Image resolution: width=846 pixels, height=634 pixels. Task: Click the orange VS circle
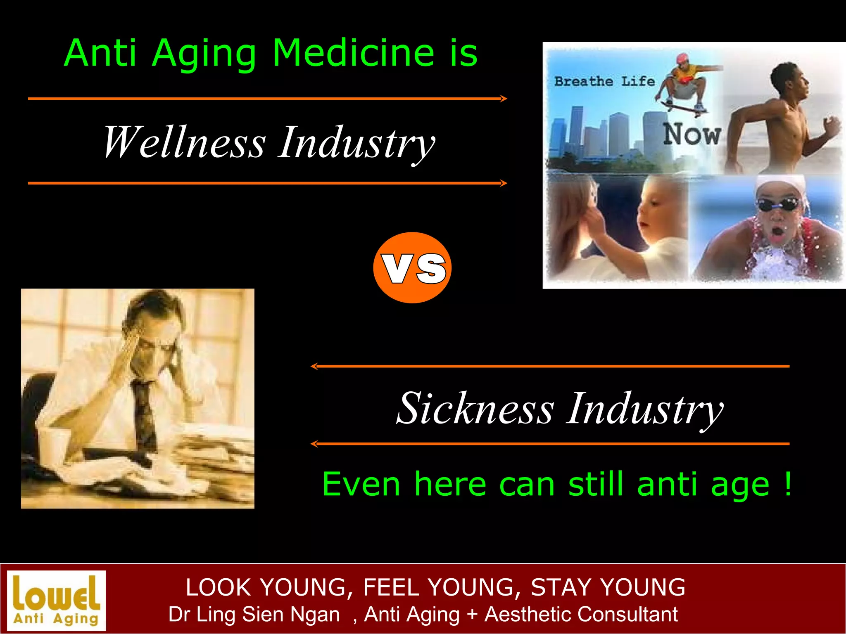pos(412,267)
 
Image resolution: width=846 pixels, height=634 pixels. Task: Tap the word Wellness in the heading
pos(184,142)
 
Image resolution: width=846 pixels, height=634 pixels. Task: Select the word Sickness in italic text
pos(475,409)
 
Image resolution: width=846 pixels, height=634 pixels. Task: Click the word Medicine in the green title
pos(354,53)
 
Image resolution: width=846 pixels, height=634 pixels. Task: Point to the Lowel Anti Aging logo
pos(57,601)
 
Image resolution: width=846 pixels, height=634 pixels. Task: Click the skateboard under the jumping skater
pos(683,108)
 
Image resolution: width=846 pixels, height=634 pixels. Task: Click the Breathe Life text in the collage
pos(604,81)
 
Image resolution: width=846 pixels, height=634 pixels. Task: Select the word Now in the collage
pos(692,135)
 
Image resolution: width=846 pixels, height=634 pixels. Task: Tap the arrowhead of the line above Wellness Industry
pos(504,99)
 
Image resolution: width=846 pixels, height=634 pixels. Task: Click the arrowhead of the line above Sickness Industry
pos(314,366)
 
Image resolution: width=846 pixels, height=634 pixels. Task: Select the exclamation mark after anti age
pos(788,484)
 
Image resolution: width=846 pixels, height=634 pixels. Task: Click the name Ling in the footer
pos(216,614)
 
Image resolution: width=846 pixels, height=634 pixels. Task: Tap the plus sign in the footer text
pos(472,614)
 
